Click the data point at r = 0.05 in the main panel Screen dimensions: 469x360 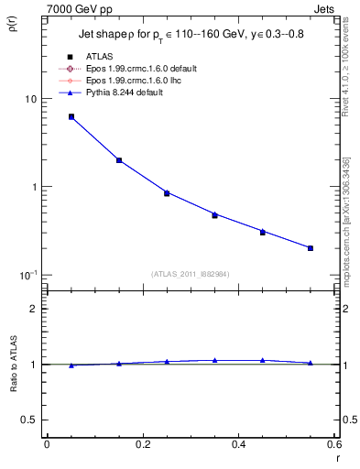tap(71, 116)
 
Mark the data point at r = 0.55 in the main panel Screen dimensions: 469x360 tap(311, 247)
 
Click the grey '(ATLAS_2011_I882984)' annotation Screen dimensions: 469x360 tap(190, 273)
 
